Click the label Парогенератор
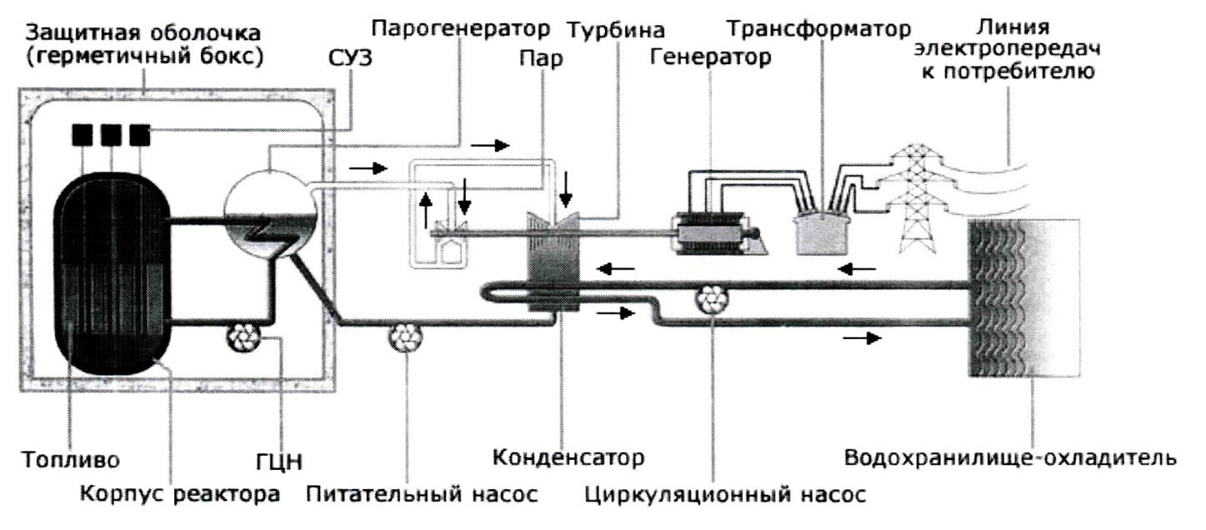pos(461,31)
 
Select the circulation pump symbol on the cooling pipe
pos(713,297)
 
